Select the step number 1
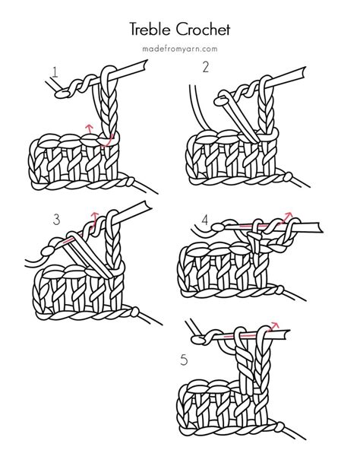[55, 73]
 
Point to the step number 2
[205, 68]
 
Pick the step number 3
[56, 220]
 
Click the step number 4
[205, 220]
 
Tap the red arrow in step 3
[95, 217]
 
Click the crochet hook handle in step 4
[308, 227]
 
